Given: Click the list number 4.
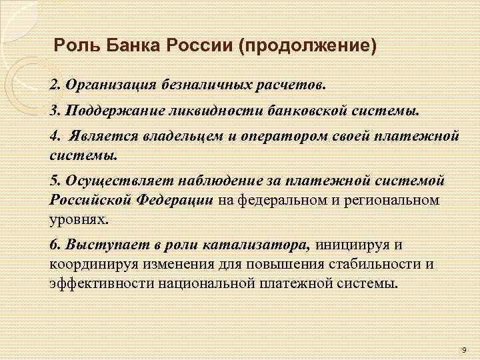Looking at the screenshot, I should point(53,136).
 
